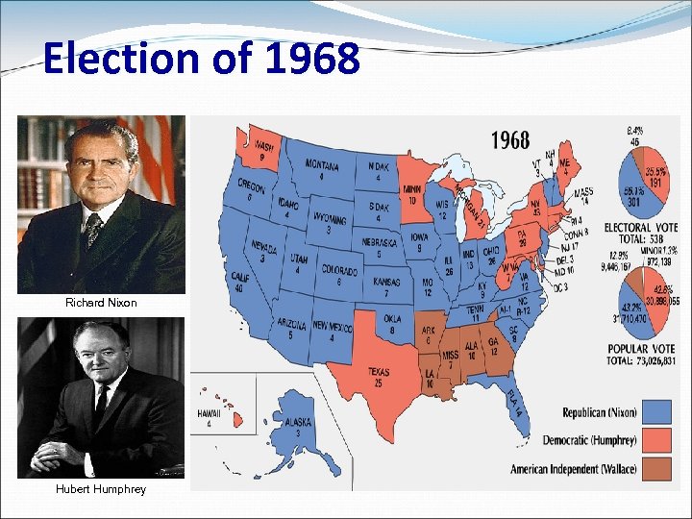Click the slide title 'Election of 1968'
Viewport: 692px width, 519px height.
[202, 59]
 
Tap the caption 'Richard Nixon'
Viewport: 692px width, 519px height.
[101, 303]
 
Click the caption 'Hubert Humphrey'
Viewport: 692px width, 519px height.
[101, 489]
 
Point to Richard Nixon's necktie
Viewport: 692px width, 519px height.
[92, 231]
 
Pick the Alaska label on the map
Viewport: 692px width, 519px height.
[297, 425]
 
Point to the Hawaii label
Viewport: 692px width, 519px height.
[209, 416]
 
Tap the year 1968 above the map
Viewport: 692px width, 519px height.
[509, 140]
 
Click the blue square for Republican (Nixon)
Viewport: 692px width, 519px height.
[657, 411]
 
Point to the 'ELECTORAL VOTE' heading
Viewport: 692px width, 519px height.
[640, 229]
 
